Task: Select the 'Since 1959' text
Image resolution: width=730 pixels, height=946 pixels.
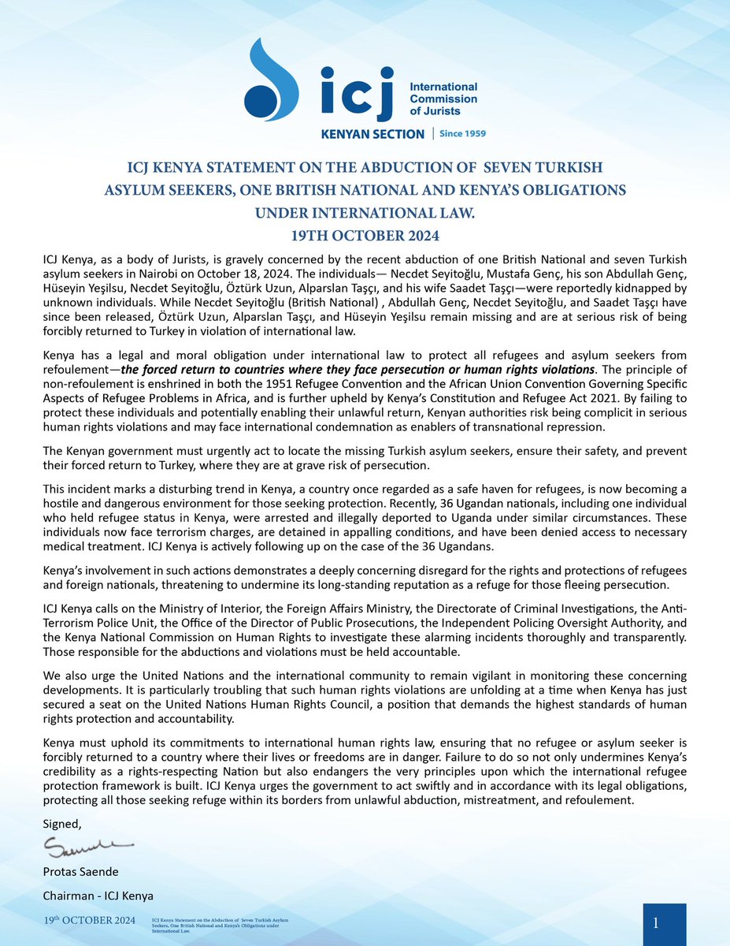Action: [x=462, y=134]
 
